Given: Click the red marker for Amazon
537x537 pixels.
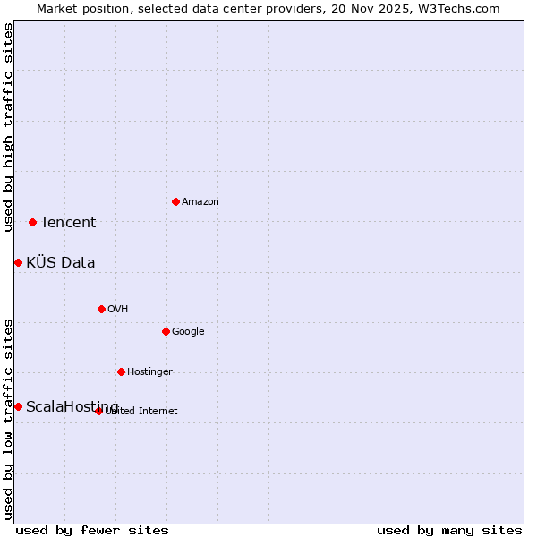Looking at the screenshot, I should [175, 201].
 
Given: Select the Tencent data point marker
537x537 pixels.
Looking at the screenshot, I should [32, 222].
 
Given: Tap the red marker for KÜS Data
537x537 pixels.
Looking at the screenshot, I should [18, 262].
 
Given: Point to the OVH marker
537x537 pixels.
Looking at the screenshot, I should [101, 309].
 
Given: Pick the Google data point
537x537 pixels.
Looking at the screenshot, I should [166, 331].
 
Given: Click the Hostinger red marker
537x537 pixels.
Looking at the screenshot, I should [121, 371].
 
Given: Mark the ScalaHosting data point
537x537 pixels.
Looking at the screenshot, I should [18, 406].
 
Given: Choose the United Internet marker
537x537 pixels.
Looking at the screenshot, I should [98, 411].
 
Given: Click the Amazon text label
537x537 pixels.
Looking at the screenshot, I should [200, 202].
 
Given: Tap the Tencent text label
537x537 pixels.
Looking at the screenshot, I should [68, 223].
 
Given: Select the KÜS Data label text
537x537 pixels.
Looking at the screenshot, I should [61, 263].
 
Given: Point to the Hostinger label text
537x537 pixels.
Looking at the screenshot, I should [149, 372].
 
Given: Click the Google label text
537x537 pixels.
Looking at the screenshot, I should [188, 332].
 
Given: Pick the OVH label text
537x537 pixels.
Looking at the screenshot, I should [118, 310].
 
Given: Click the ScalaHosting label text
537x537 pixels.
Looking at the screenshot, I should [72, 407].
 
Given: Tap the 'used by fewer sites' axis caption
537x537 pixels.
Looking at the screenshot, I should [92, 530].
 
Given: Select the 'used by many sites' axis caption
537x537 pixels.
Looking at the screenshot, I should [449, 530].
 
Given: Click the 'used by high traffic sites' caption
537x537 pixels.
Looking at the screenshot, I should [8, 127].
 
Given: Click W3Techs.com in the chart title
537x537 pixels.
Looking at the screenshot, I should [456, 8].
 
